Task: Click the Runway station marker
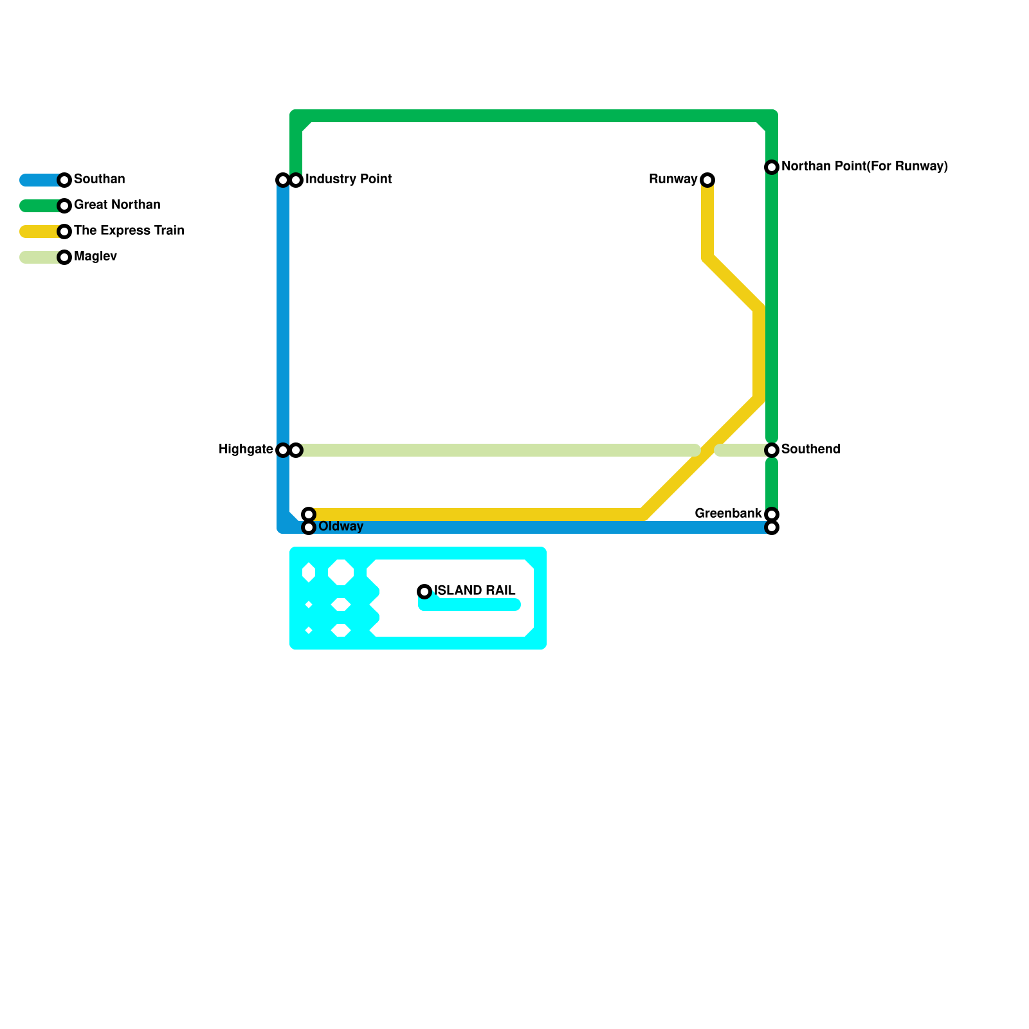point(707,180)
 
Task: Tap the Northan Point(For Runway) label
point(864,167)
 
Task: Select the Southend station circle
point(772,450)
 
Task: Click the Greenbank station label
point(728,514)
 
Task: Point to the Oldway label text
point(341,527)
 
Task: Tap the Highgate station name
point(246,450)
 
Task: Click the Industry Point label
point(349,179)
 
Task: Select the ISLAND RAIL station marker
point(424,592)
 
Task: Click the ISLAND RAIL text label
point(475,591)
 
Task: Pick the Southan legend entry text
point(100,179)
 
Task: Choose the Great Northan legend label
point(117,205)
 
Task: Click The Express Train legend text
point(129,231)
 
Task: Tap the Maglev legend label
point(95,257)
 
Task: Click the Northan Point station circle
point(772,167)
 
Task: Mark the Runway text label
point(673,179)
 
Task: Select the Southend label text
point(810,450)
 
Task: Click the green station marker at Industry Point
point(296,180)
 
